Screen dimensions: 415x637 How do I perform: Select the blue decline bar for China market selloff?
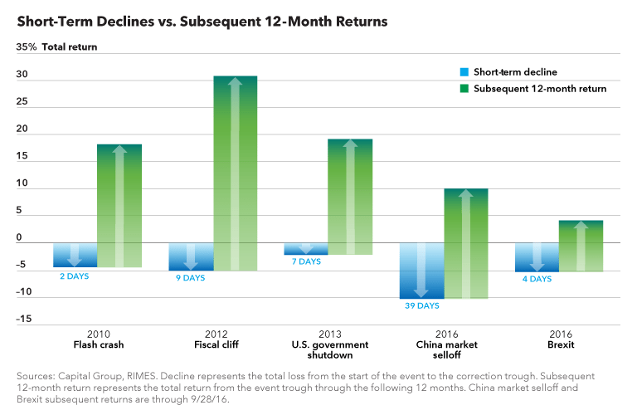(421, 270)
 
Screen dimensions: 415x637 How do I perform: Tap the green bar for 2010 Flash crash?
(119, 206)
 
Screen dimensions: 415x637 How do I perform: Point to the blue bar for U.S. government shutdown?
(306, 248)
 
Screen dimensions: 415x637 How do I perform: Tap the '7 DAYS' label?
(305, 261)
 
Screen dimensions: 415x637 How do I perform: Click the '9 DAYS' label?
(190, 278)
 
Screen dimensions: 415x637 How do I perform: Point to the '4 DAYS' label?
(537, 279)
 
